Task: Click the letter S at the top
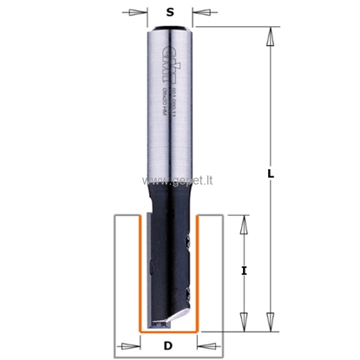pos(169,12)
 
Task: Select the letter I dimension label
pos(244,272)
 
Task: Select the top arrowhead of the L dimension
pos(271,37)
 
